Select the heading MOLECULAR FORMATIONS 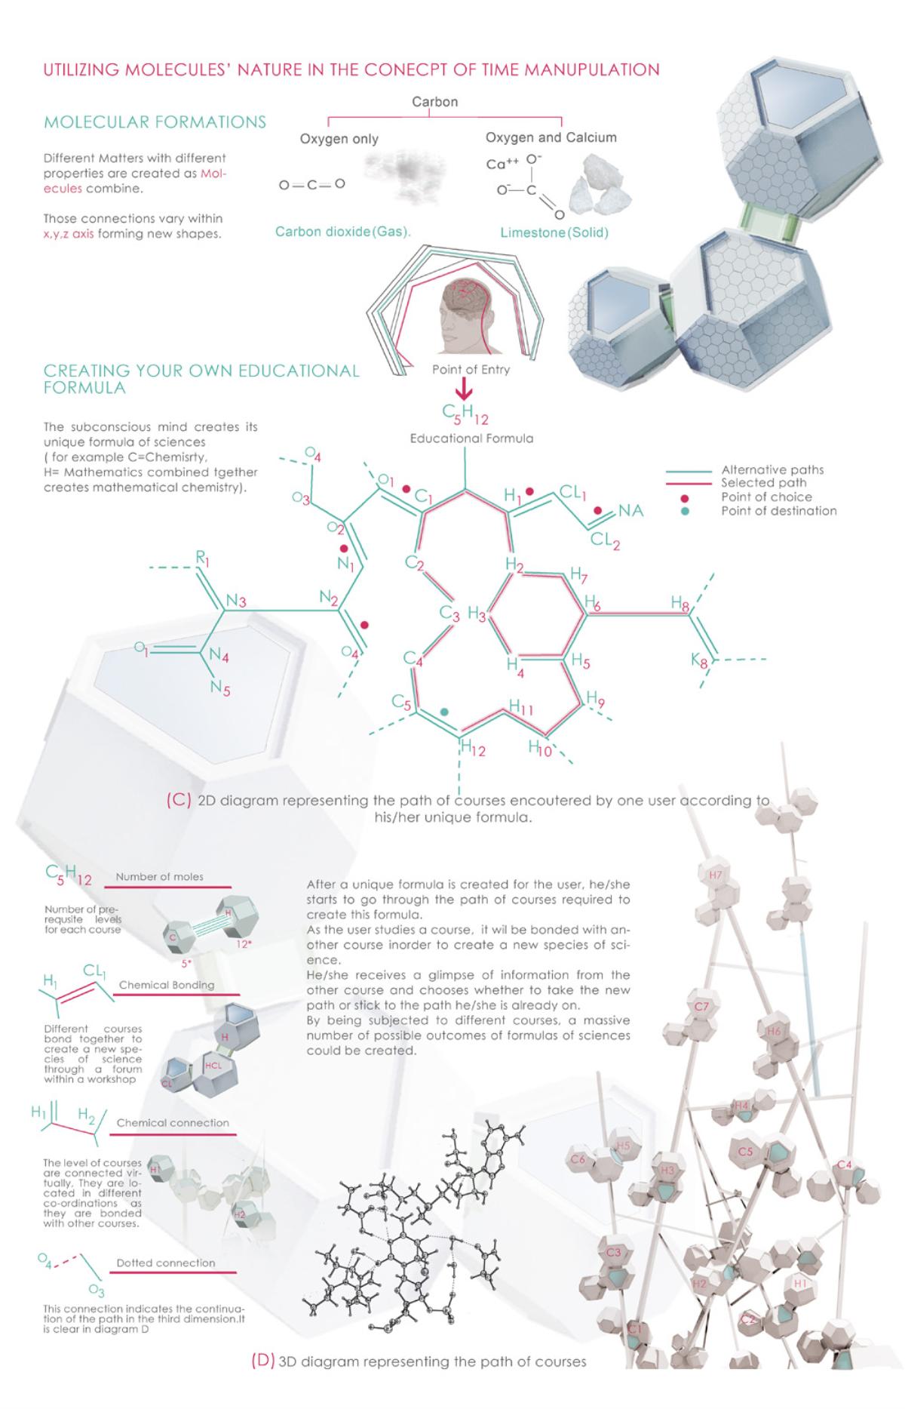tap(155, 122)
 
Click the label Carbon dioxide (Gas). tap(343, 232)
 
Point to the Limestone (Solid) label tap(554, 232)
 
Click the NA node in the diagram tap(631, 511)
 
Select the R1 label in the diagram tap(203, 558)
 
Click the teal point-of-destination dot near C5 tap(444, 711)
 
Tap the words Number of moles tap(159, 877)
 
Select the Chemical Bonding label tap(167, 985)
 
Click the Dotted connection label tap(166, 1263)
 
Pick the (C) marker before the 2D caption tap(179, 801)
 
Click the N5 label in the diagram tap(220, 688)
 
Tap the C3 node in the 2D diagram tap(449, 613)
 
